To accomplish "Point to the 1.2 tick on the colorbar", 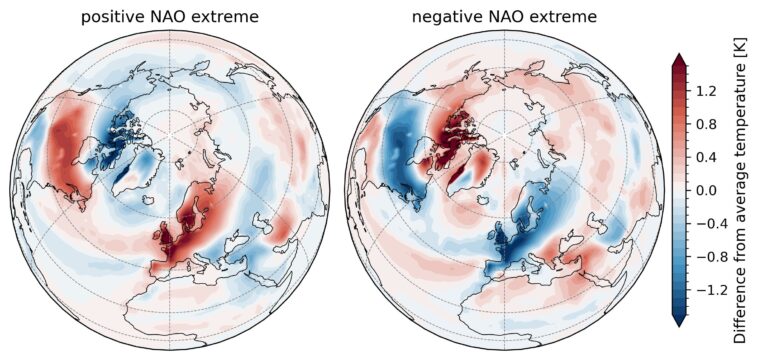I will coord(708,91).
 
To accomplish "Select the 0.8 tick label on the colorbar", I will coord(708,124).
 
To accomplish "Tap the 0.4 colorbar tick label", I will coord(708,157).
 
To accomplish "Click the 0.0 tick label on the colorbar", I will coord(708,190).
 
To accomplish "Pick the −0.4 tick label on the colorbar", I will coord(711,222).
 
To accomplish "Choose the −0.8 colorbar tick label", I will coord(711,255).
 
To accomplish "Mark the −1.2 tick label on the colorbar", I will coord(711,288).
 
